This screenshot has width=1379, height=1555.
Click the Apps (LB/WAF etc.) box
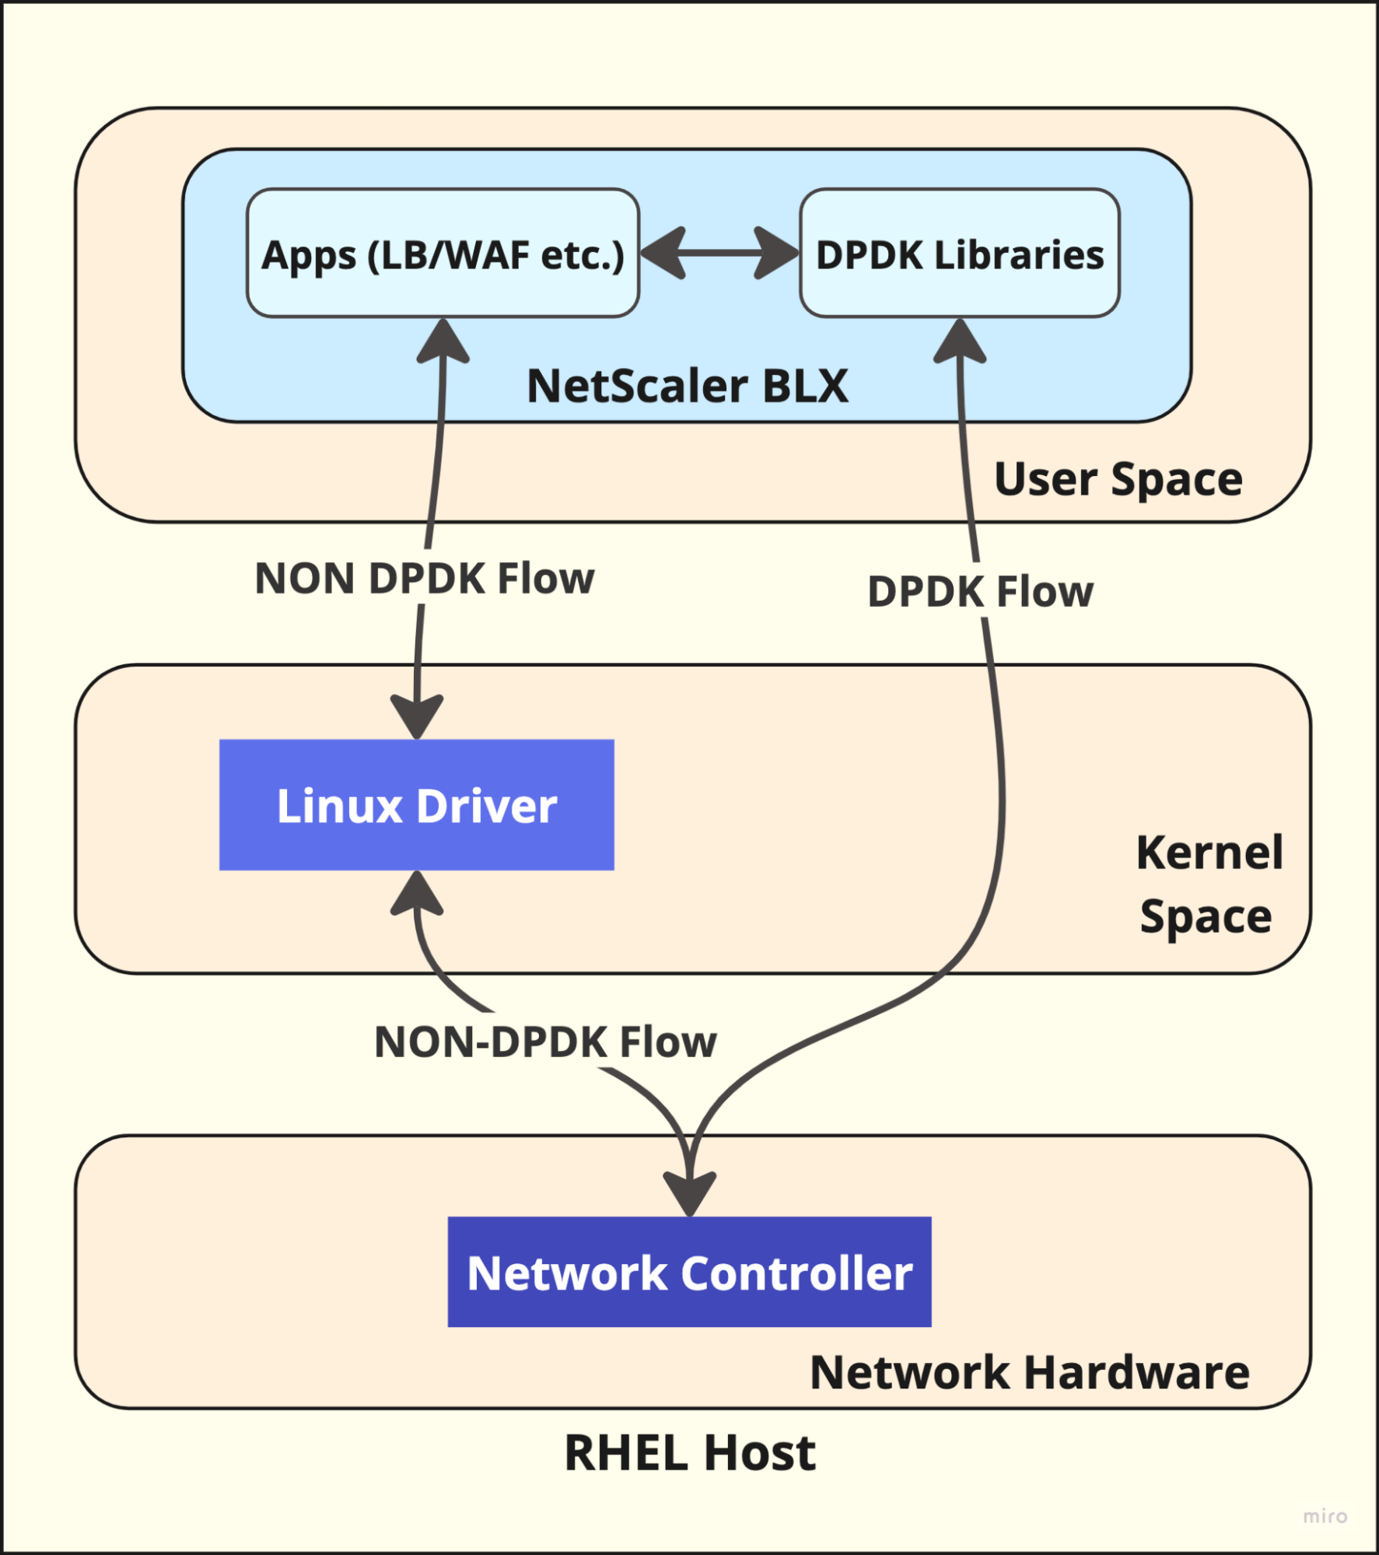coord(443,254)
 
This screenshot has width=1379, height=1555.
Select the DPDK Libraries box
coord(959,254)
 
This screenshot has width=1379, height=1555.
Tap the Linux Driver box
coord(416,805)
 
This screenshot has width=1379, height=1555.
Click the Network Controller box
coord(689,1272)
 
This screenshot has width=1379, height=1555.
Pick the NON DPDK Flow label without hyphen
coord(424,578)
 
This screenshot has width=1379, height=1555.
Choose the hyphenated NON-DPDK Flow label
coord(544,1042)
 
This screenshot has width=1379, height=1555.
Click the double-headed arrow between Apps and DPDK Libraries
coord(719,253)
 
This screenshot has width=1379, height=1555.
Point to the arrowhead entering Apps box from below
coord(443,342)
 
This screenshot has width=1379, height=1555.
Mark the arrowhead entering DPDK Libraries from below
coord(960,342)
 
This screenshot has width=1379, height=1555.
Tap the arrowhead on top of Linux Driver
coord(417,716)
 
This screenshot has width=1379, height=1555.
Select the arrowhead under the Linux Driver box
coord(417,893)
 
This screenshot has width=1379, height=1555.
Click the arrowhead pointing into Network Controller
coord(690,1192)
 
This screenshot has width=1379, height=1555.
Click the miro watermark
coord(1325,1515)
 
